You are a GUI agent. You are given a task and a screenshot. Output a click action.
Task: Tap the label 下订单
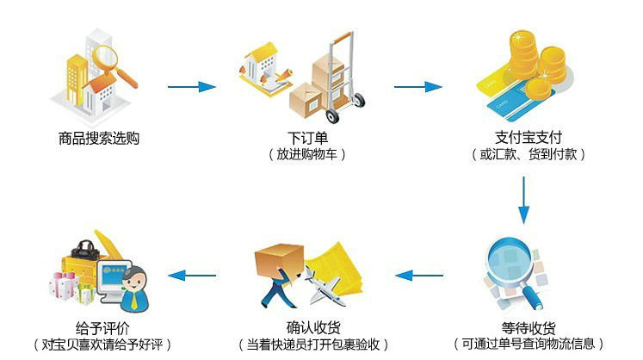307,138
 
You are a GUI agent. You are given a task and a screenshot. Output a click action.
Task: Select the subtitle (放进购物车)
307,155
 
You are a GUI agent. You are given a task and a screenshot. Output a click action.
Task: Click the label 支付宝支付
528,138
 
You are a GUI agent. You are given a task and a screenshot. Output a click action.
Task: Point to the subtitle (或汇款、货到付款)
528,155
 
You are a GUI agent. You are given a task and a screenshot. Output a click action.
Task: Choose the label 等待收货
528,327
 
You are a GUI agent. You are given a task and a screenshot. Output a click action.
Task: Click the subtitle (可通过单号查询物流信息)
528,344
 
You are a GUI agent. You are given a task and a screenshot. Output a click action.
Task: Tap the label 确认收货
308,327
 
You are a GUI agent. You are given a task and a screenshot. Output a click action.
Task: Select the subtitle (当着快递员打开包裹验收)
308,344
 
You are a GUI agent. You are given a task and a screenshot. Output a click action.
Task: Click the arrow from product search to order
190,86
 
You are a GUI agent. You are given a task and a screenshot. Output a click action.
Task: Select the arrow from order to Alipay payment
417,86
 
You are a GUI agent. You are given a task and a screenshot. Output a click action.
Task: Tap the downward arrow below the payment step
523,201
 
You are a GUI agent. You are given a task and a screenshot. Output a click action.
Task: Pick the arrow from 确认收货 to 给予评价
190,276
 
